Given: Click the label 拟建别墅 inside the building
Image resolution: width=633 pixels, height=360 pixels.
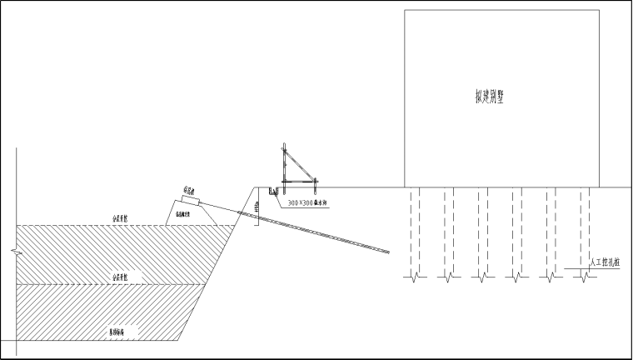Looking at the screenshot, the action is (x=489, y=97).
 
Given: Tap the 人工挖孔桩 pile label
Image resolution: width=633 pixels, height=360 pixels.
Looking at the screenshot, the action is (x=605, y=263).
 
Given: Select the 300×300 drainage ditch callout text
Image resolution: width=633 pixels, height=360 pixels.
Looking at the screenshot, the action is (x=306, y=202).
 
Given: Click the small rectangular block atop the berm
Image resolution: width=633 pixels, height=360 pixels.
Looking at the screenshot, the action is (x=190, y=200).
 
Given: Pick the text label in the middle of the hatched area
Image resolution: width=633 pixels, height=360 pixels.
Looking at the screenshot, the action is (x=126, y=275).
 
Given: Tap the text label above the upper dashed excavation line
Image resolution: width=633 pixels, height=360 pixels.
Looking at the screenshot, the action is (x=126, y=218).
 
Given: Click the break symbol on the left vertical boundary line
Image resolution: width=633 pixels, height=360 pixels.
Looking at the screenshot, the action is (x=16, y=250).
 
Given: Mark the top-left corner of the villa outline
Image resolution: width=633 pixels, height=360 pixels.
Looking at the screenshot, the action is (x=405, y=10).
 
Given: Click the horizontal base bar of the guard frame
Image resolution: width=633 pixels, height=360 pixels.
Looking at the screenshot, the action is (x=299, y=181).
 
